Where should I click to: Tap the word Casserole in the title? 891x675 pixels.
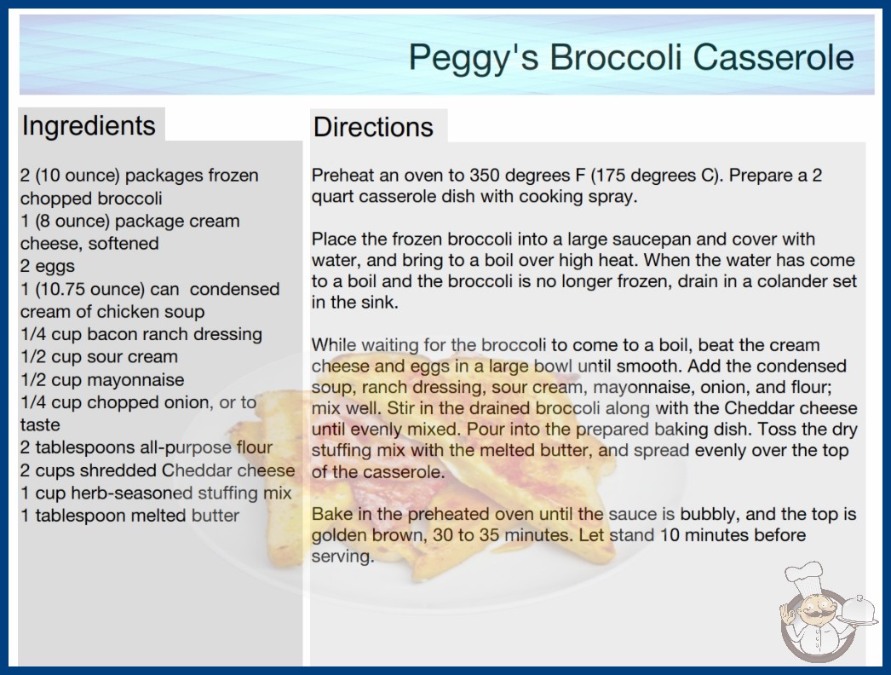[773, 57]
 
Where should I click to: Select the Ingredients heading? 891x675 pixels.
[89, 126]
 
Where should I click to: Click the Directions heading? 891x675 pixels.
[373, 127]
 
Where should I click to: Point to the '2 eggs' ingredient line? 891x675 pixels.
[47, 266]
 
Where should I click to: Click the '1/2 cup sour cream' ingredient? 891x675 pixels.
[99, 356]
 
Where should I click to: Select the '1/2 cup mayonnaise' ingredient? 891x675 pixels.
[102, 380]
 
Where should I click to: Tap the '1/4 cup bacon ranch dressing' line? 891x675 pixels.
[141, 334]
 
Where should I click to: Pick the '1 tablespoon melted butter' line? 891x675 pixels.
[129, 516]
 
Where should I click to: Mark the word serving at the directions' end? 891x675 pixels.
[342, 557]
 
